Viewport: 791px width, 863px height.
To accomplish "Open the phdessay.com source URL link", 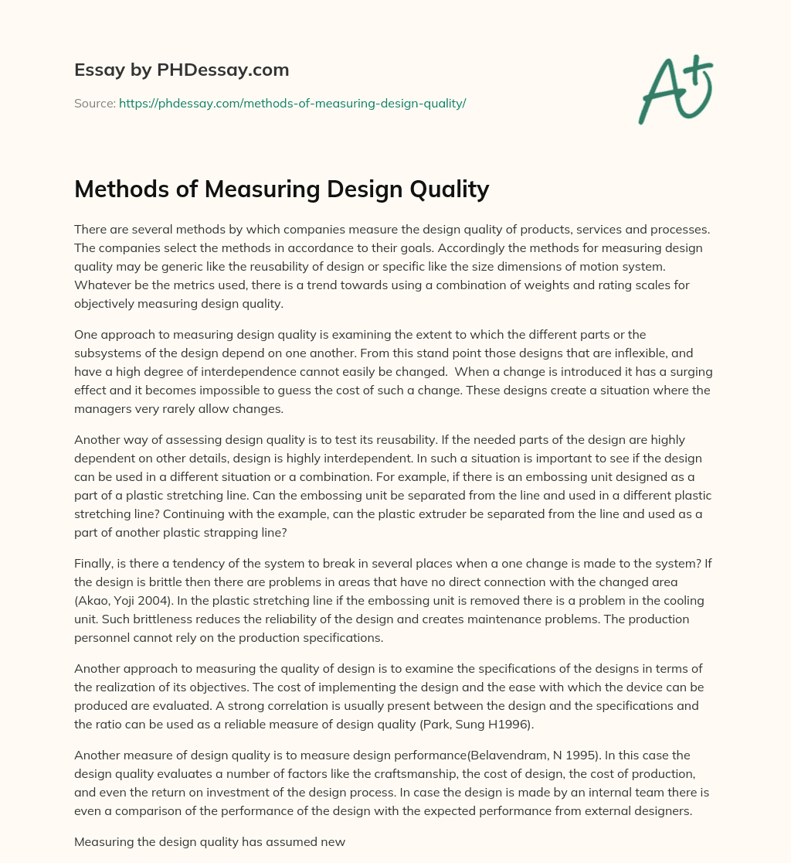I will coord(292,103).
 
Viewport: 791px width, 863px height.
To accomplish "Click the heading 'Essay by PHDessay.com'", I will coord(182,70).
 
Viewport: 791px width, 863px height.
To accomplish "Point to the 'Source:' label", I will coord(94,103).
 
